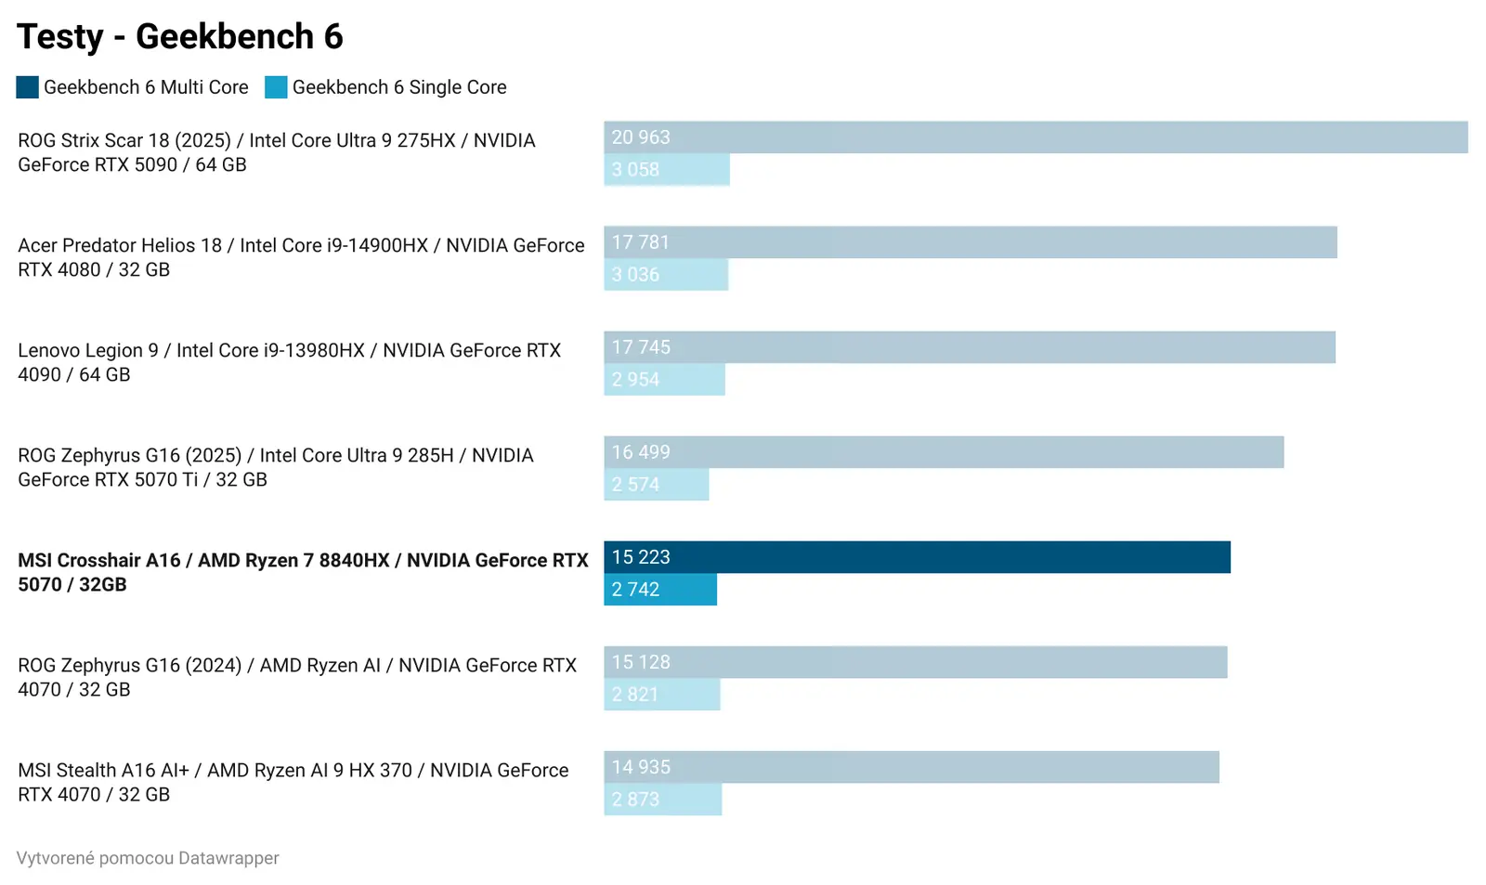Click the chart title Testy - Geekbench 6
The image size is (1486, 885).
coord(180,37)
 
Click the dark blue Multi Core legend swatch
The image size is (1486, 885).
coord(27,87)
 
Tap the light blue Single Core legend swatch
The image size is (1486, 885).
coord(276,87)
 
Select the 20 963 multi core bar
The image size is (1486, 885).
coord(1036,137)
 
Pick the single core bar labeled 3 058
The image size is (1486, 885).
coord(667,170)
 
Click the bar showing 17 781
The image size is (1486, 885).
coord(970,242)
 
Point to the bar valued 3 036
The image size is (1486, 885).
coord(666,275)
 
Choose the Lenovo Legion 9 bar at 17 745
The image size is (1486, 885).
coord(969,347)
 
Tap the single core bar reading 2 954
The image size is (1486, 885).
coord(664,380)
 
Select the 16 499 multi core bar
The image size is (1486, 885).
coord(944,452)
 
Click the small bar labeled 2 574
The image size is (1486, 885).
coord(656,485)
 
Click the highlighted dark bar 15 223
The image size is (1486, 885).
coord(917,557)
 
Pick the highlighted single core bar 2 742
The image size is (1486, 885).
coord(660,590)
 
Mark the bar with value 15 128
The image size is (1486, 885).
coord(915,662)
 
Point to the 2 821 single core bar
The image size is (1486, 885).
coord(661,695)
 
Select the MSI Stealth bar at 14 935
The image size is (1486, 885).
coord(911,767)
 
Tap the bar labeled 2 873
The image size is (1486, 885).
coord(662,800)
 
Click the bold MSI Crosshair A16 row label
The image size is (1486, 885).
coord(303,572)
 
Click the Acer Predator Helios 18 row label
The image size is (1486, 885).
coord(301,257)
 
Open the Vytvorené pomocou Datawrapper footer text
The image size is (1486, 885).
coord(148,858)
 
